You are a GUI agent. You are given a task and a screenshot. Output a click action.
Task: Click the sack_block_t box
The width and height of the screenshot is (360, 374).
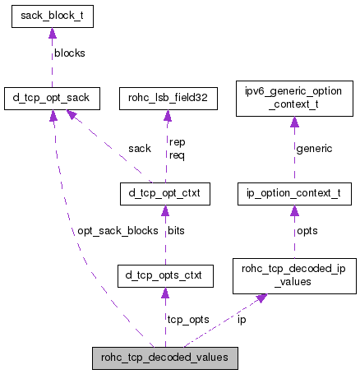[53, 16]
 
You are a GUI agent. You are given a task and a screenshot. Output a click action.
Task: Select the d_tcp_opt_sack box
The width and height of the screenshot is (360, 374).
[53, 99]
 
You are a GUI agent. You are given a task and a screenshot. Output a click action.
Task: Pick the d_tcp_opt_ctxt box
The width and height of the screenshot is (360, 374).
[164, 194]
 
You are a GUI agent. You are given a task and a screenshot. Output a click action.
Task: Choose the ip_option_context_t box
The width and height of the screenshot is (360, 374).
[293, 194]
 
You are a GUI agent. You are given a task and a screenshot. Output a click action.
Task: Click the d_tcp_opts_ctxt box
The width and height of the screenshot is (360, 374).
[165, 275]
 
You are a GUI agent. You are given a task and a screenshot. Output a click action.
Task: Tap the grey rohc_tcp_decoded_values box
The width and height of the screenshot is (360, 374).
[165, 358]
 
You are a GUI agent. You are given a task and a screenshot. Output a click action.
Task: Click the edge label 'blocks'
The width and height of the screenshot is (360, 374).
[70, 53]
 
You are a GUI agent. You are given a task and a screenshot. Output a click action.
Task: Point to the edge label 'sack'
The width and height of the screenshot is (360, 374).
[140, 148]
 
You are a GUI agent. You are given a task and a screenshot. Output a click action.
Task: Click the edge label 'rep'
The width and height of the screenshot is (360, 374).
[177, 142]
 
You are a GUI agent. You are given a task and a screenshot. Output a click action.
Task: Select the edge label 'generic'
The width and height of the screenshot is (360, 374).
[314, 148]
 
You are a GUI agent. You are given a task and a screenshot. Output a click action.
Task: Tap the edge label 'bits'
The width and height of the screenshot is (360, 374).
[176, 231]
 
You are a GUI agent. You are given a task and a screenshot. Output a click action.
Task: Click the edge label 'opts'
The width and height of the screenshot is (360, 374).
[307, 231]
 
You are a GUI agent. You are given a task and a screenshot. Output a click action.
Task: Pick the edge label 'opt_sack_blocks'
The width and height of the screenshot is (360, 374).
[117, 231]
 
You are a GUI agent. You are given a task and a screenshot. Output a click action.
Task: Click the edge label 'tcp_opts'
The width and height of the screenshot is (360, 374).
[187, 318]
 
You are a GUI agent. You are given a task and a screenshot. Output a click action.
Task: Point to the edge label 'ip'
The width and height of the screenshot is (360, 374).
[242, 318]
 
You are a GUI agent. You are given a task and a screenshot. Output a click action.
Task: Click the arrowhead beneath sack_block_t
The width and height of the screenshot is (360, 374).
[53, 34]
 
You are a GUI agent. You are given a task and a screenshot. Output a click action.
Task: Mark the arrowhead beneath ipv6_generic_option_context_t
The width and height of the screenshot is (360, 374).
[293, 122]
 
